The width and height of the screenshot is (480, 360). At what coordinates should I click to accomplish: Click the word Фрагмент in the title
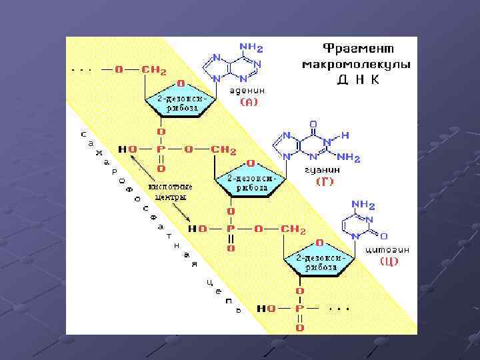point(357,49)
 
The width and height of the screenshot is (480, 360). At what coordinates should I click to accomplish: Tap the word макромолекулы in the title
point(357,65)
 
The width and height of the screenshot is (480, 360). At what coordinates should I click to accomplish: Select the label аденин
point(248,90)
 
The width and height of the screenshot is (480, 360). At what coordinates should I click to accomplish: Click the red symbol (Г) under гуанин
point(324,181)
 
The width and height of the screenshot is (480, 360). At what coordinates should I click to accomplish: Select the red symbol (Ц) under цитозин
point(389,261)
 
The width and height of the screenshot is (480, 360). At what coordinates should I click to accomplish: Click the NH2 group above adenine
point(251,48)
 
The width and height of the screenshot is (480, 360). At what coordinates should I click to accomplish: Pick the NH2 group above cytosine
point(363,205)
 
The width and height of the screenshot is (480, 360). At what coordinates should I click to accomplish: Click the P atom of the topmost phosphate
point(161,149)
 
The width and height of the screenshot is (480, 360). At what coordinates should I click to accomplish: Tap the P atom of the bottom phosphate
point(299,309)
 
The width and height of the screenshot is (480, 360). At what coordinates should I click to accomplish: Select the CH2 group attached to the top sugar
point(154,70)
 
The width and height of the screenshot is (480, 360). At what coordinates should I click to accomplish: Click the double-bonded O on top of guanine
point(313,124)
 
